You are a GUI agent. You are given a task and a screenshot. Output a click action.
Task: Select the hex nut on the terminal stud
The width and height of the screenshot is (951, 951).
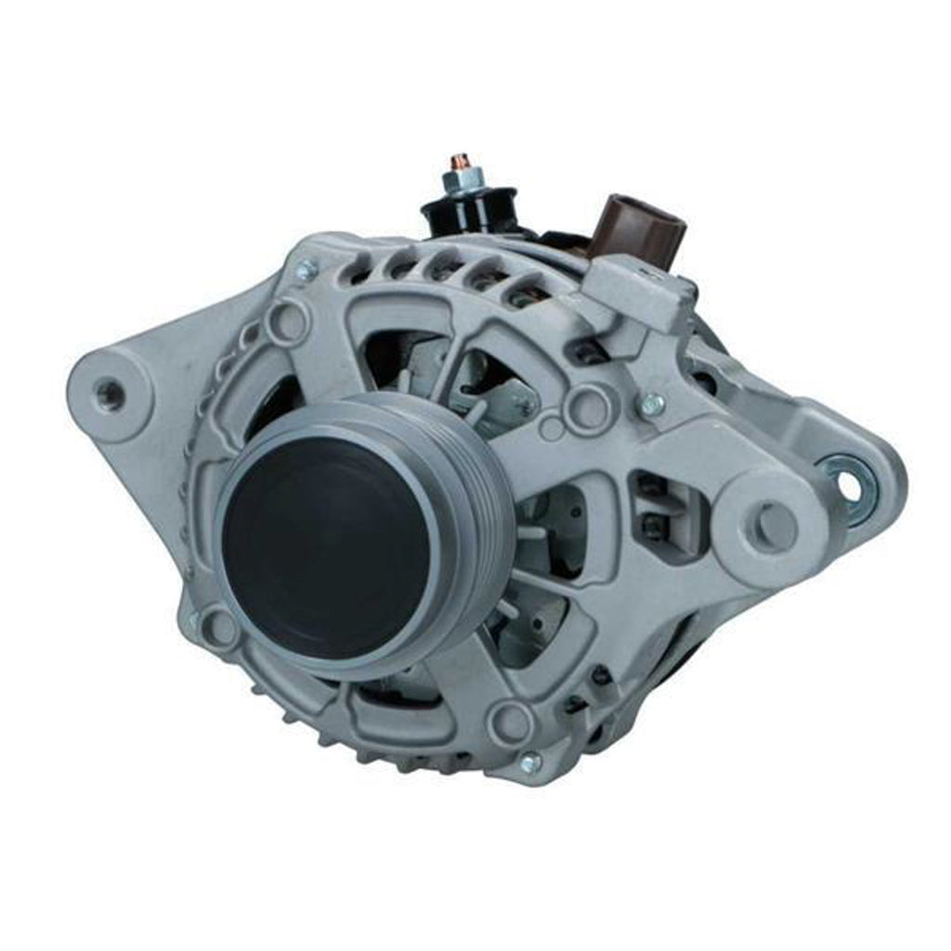pos(458,181)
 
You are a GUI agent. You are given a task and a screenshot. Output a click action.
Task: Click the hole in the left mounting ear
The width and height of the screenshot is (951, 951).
pos(110,394)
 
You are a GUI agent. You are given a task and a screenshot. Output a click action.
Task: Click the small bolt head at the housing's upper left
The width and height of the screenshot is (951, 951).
pos(306,270)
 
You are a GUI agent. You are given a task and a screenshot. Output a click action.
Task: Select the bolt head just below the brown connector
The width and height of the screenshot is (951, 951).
pos(652,404)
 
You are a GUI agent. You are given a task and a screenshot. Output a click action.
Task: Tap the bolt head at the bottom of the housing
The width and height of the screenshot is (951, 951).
pos(530,762)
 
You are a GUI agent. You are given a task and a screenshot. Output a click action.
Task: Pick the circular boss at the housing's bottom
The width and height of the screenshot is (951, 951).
pos(510,721)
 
